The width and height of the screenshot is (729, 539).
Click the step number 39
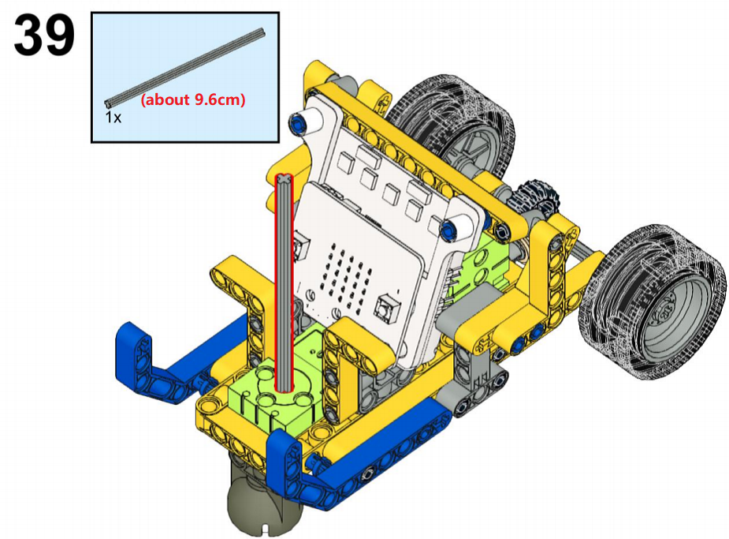(44, 35)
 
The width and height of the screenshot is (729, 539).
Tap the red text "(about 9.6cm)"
(193, 99)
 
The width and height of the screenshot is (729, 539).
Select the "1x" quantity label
(113, 118)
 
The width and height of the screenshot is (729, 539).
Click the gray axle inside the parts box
(185, 66)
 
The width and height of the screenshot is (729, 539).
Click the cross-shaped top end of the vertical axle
(284, 179)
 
